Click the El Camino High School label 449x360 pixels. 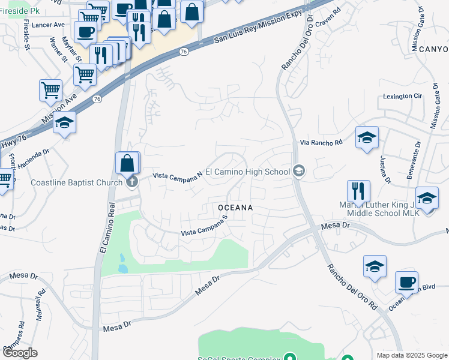click(248, 172)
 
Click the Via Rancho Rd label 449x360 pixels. click(321, 143)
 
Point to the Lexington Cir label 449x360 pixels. click(403, 96)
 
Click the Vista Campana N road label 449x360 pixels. click(178, 175)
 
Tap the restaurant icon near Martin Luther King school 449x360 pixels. click(358, 191)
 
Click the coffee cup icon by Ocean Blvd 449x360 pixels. click(406, 281)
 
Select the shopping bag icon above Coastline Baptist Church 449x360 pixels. click(128, 162)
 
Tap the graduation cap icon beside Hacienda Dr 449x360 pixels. click(64, 123)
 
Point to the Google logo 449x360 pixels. click(20, 353)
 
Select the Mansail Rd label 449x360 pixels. click(40, 307)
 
